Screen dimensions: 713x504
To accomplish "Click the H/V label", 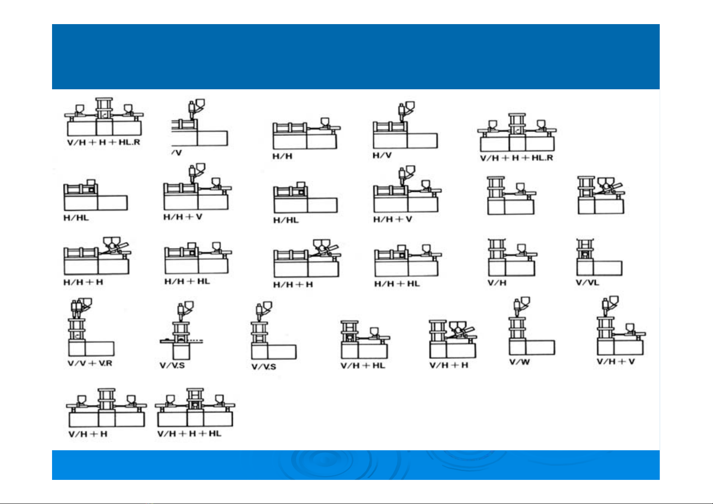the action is tap(382, 155).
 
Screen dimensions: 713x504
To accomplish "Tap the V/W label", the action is tap(520, 362).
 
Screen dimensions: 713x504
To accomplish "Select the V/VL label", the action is tap(588, 282).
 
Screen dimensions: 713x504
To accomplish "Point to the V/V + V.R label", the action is tap(90, 363).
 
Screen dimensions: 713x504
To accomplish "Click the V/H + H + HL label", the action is tap(189, 434).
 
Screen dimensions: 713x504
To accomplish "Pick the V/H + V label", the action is tap(616, 362).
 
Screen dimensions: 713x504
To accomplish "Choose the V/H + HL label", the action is tap(363, 366).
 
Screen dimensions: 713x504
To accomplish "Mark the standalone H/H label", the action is tap(282, 156).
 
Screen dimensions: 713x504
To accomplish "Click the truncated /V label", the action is tap(176, 153).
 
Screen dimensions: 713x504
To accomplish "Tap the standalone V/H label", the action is tap(497, 283).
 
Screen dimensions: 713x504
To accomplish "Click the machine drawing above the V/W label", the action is tap(531, 326).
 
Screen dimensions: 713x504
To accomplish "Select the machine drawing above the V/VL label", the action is tap(599, 257).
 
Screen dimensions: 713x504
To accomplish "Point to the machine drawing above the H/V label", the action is tap(405, 125).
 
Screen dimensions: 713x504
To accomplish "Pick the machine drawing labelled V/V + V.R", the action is tap(91, 327).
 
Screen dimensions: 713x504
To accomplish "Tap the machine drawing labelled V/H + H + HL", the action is tap(195, 407).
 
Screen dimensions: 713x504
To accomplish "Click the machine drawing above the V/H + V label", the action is tap(621, 325).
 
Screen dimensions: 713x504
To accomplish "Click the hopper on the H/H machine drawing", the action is tap(325, 122).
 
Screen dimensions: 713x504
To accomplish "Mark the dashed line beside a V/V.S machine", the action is tap(196, 341).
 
